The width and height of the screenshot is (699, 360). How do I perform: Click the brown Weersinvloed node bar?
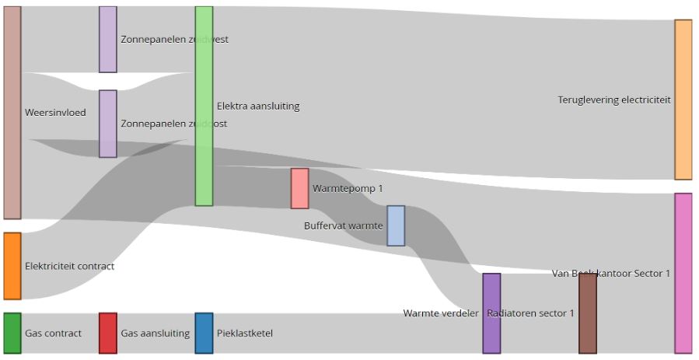click(x=12, y=113)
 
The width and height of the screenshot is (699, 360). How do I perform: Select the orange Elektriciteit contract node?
click(x=12, y=266)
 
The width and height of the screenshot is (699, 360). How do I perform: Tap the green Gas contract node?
click(x=12, y=334)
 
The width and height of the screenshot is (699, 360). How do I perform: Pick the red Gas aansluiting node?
click(x=108, y=334)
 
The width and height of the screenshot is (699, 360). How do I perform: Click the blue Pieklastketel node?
click(x=204, y=334)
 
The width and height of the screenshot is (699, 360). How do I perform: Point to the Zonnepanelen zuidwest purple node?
click(x=108, y=40)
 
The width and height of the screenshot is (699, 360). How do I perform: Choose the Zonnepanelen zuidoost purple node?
click(x=108, y=124)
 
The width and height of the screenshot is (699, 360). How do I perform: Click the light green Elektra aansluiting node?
click(x=204, y=107)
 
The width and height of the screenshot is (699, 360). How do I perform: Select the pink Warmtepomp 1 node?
click(x=299, y=188)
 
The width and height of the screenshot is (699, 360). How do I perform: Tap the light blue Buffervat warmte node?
click(x=396, y=225)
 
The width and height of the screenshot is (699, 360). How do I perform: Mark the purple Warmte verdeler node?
click(x=491, y=313)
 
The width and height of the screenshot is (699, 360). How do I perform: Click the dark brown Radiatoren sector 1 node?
click(x=588, y=313)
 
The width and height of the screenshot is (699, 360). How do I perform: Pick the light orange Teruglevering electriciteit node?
click(x=683, y=100)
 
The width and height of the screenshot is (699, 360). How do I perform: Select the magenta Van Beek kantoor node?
click(x=683, y=273)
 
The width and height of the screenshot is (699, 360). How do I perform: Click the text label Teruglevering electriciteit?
click(x=613, y=100)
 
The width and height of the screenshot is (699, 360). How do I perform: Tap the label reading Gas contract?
click(x=53, y=334)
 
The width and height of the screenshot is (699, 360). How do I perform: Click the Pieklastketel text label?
click(x=245, y=334)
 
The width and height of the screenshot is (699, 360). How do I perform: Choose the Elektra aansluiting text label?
click(x=258, y=107)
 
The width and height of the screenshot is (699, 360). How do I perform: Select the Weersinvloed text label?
click(x=55, y=113)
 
